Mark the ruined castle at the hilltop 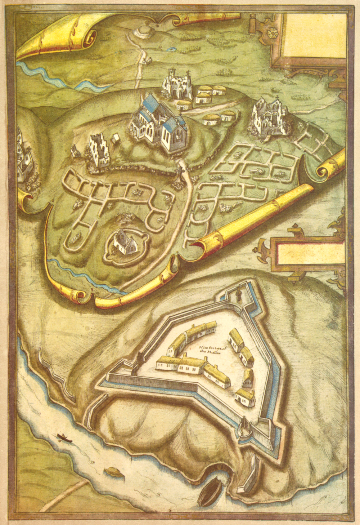pos(177,84)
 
